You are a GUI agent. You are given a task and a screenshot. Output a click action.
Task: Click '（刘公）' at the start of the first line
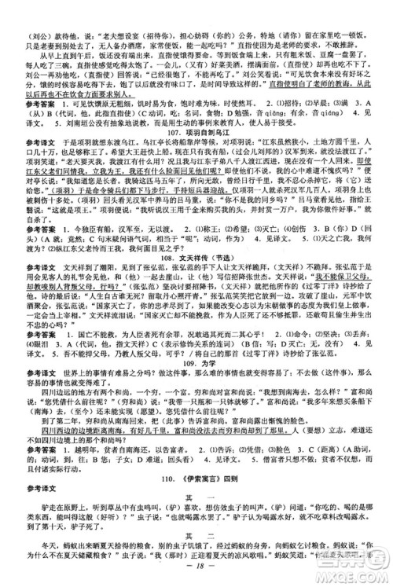pyautogui.click(x=29, y=13)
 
